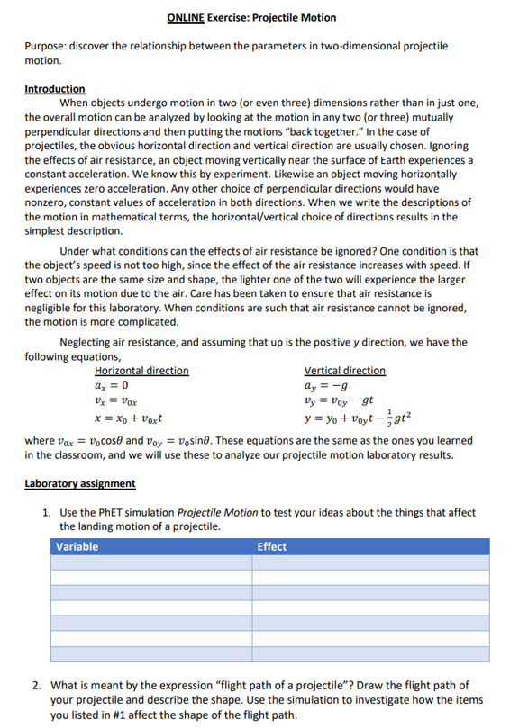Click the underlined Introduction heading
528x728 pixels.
click(x=55, y=89)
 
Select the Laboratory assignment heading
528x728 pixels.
click(x=80, y=483)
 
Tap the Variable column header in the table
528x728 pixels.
click(x=77, y=546)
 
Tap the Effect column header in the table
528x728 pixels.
click(x=272, y=546)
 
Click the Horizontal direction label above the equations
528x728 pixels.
click(x=141, y=371)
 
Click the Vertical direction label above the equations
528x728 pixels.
click(x=344, y=371)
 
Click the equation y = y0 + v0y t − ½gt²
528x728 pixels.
click(x=358, y=418)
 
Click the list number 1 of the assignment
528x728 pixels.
click(x=46, y=513)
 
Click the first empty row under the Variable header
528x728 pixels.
click(x=151, y=562)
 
